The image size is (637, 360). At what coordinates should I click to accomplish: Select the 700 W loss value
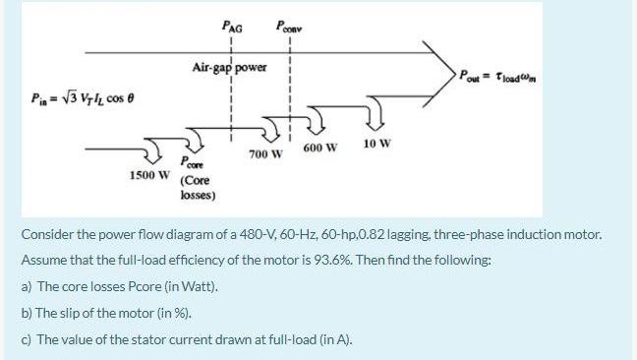pyautogui.click(x=265, y=155)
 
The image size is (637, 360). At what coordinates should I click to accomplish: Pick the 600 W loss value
pyautogui.click(x=320, y=148)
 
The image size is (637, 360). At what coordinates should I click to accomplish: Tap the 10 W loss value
pyautogui.click(x=376, y=143)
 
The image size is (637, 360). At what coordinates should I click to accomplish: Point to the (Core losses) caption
pyautogui.click(x=198, y=188)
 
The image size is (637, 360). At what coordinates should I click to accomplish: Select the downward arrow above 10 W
pyautogui.click(x=377, y=120)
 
